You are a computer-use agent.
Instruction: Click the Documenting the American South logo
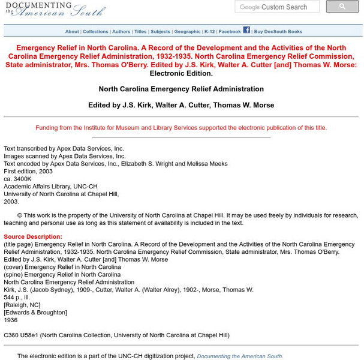click(x=55, y=9)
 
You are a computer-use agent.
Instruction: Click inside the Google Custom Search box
click(x=279, y=7)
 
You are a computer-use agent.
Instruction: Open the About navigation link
click(x=72, y=32)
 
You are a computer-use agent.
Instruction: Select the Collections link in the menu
click(x=95, y=32)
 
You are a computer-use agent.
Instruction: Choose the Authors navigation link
click(x=121, y=32)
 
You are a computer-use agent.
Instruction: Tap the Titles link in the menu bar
click(x=140, y=32)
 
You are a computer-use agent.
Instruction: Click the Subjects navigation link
click(x=160, y=32)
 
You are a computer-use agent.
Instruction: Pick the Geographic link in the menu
click(x=187, y=32)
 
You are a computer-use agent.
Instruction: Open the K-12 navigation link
click(x=209, y=32)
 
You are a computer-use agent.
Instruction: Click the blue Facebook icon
click(x=246, y=30)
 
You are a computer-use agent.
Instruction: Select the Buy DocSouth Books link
click(x=278, y=32)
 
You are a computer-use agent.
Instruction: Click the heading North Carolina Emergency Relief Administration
click(x=181, y=89)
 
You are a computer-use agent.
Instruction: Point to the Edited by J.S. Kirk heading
click(x=181, y=105)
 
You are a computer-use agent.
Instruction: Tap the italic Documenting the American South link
click(x=240, y=356)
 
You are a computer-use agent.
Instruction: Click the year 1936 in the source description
click(x=10, y=320)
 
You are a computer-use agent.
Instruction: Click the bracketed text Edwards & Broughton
click(x=35, y=313)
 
